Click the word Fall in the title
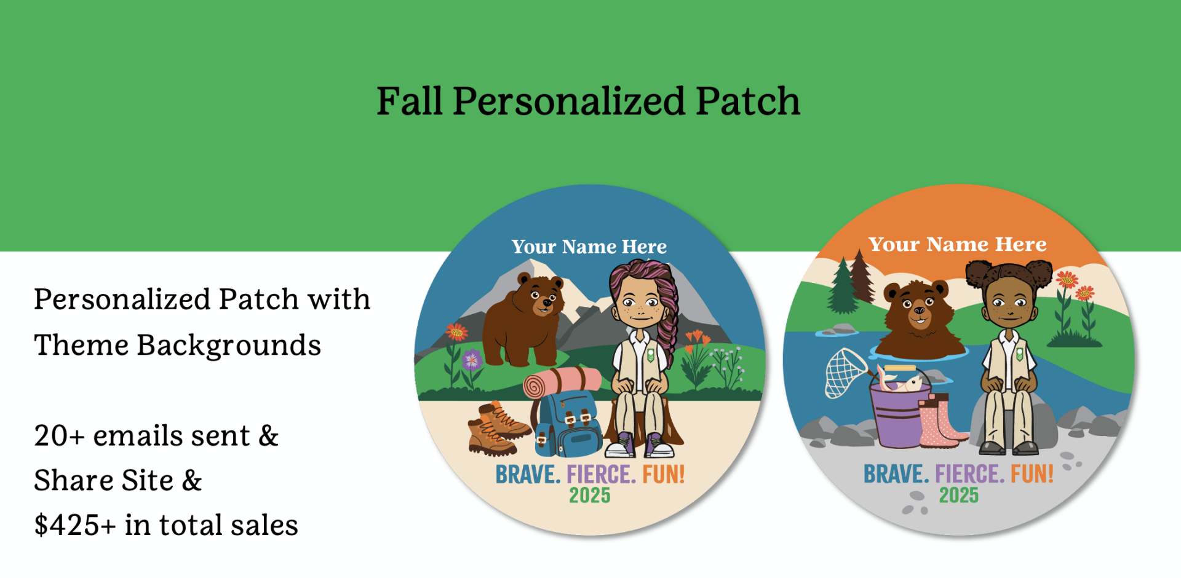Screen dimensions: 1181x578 tap(409, 101)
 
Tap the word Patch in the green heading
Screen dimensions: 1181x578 tap(747, 101)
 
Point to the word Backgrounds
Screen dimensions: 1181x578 tap(229, 345)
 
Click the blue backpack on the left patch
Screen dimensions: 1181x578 tap(567, 424)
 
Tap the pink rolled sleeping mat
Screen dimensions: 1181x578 tap(561, 382)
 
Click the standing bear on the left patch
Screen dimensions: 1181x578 tap(523, 320)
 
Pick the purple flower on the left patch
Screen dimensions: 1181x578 tap(472, 358)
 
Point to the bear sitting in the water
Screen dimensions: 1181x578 tap(919, 320)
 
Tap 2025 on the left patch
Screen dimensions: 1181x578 tap(590, 496)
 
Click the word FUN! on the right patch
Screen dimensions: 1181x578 tap(1032, 474)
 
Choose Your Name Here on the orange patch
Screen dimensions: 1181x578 tap(958, 244)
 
